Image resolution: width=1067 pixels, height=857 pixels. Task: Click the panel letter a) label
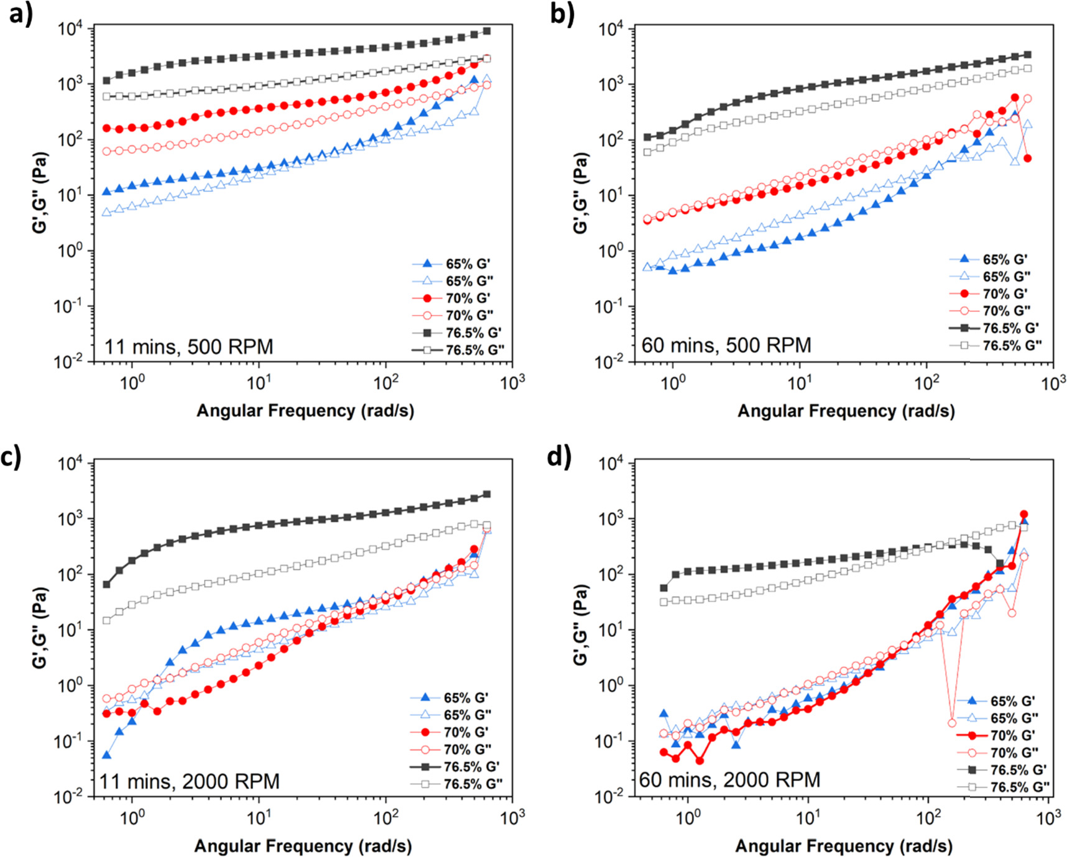(20, 14)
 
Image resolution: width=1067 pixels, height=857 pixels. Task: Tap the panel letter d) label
(559, 457)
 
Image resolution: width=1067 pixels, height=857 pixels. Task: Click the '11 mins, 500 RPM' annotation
(188, 346)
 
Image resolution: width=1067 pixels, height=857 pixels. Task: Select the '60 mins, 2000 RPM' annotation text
(729, 779)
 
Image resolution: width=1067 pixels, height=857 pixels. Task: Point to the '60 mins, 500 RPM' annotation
(726, 344)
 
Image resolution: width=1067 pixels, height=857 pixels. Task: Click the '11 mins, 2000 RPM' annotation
(190, 781)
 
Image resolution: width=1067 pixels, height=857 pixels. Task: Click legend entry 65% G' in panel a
(468, 264)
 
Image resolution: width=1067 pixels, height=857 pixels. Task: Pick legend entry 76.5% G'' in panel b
(1012, 345)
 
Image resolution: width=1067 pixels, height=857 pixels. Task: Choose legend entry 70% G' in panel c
(466, 732)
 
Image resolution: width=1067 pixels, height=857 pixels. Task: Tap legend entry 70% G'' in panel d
(1014, 753)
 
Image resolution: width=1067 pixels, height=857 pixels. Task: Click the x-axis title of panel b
(846, 411)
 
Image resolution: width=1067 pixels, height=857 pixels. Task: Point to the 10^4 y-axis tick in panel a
(74, 29)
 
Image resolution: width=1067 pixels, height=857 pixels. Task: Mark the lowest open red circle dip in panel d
(952, 723)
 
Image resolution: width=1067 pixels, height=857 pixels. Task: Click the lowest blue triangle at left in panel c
(106, 755)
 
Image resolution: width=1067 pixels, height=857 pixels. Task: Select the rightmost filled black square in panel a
(487, 31)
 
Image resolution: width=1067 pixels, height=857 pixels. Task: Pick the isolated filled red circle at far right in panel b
(1027, 158)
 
